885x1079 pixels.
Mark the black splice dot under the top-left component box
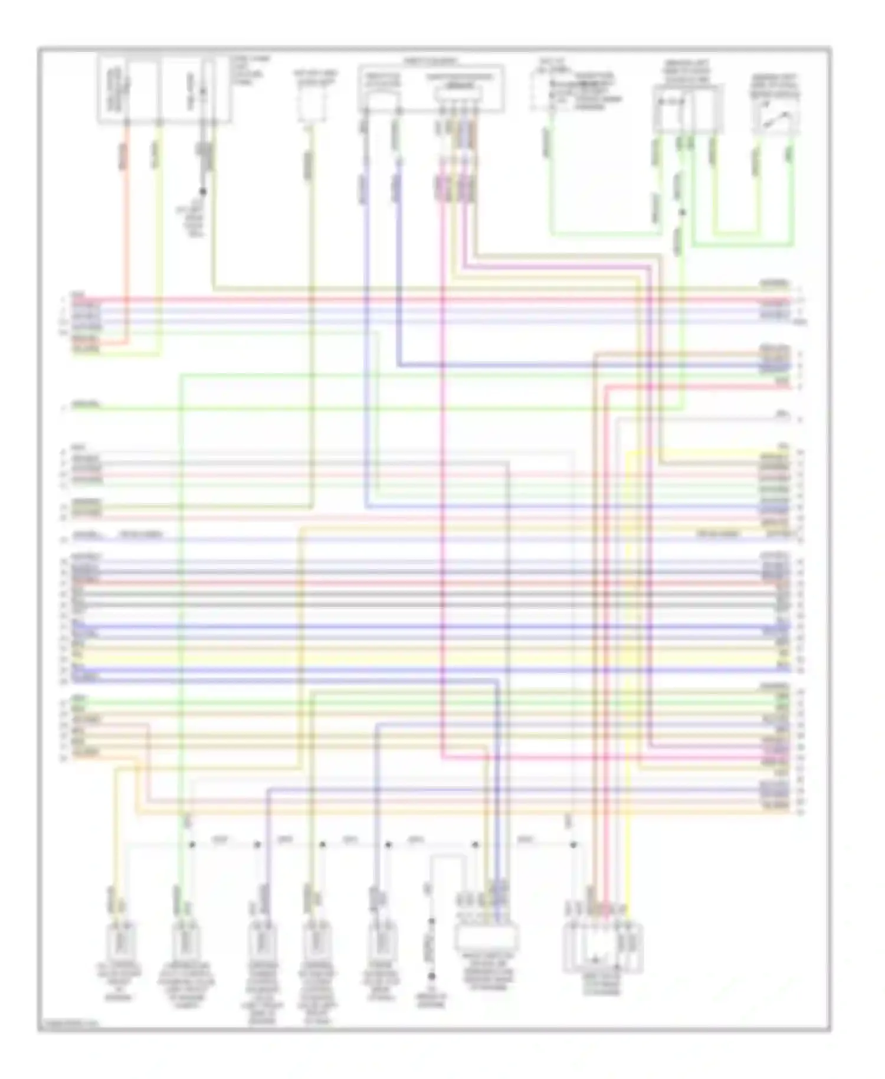(x=202, y=191)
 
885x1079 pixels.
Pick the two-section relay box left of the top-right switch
(x=687, y=109)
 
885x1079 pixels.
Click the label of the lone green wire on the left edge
(x=86, y=405)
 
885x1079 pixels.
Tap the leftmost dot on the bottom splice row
(x=192, y=845)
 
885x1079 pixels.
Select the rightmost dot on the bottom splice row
(x=573, y=845)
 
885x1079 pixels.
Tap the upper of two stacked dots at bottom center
(x=431, y=921)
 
